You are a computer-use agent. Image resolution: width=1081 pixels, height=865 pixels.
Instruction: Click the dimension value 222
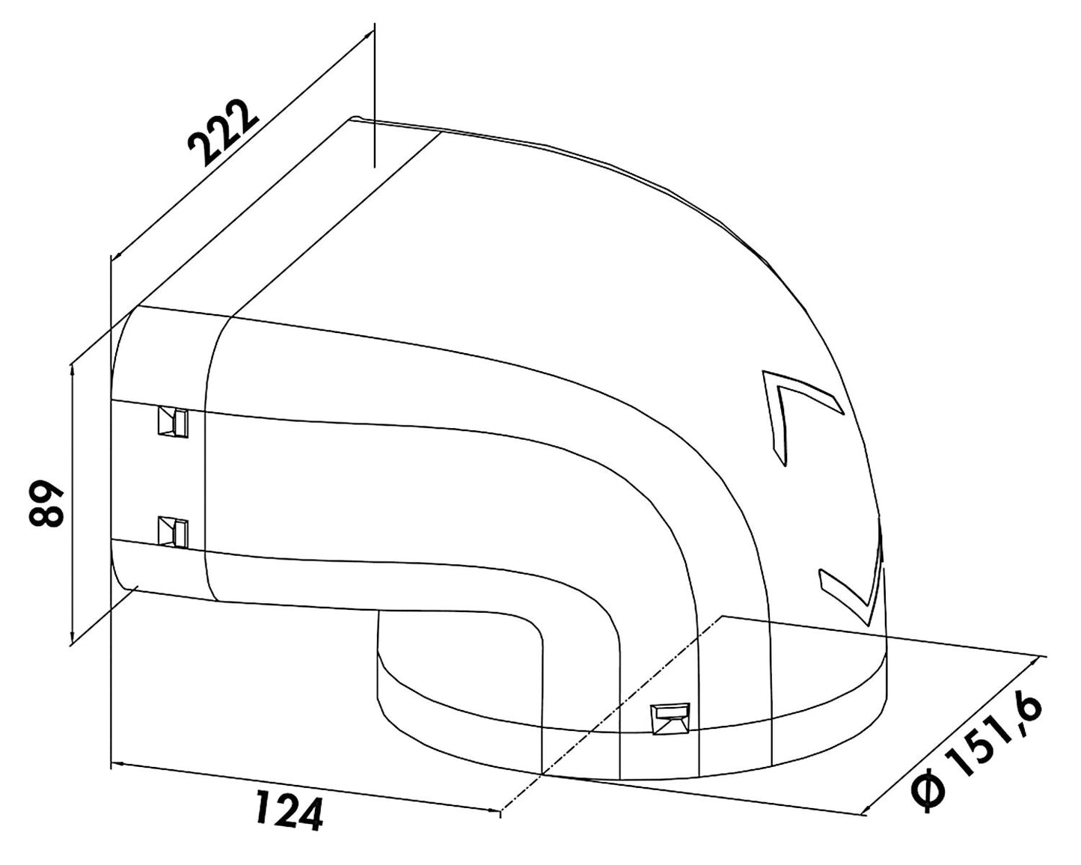pyautogui.click(x=223, y=133)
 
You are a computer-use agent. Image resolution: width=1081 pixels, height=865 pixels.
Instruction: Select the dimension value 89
pyautogui.click(x=46, y=504)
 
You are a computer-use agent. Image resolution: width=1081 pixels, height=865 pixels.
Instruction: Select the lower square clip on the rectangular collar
pyautogui.click(x=173, y=532)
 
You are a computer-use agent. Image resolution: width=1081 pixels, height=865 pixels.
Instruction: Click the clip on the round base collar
pyautogui.click(x=670, y=719)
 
